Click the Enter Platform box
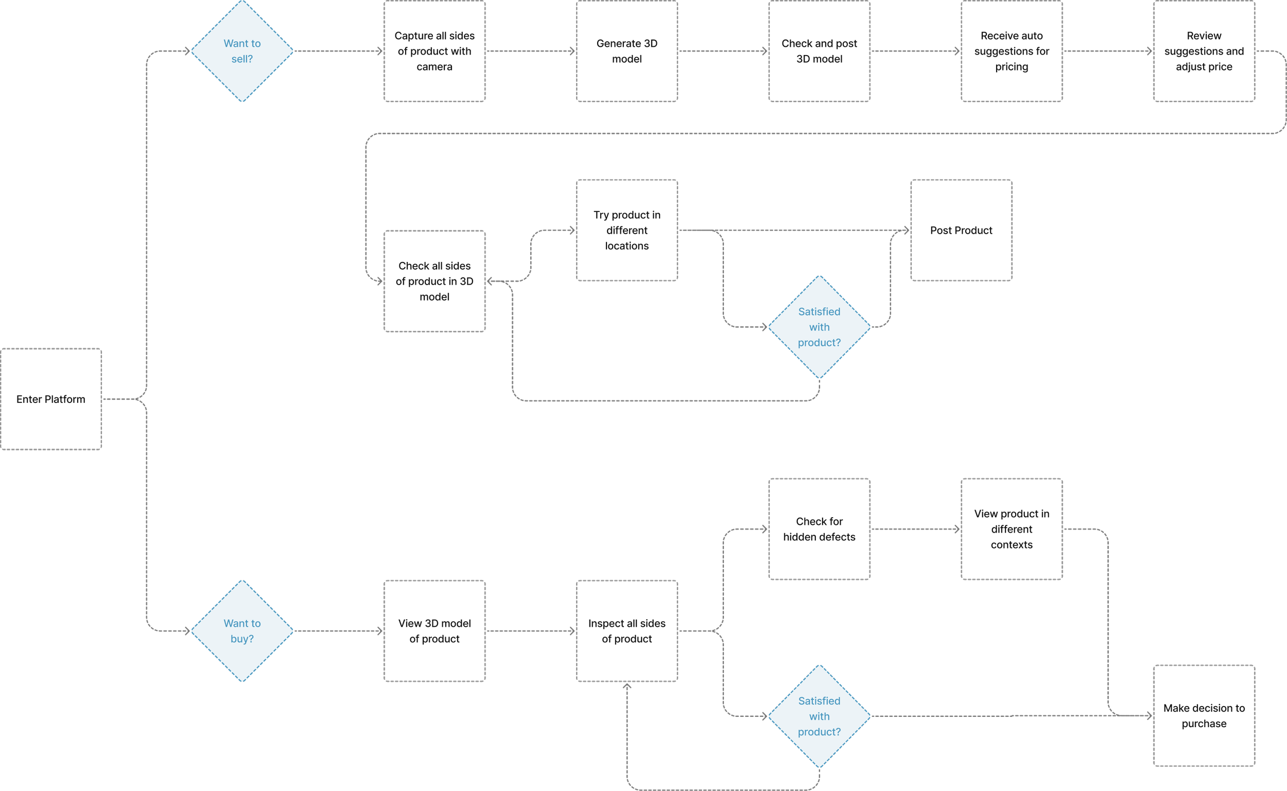tap(51, 399)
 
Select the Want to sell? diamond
tap(242, 51)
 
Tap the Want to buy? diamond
tap(242, 631)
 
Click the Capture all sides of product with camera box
tap(434, 51)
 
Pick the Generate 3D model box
tap(627, 51)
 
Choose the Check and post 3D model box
tap(819, 51)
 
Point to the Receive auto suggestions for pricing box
tap(1012, 51)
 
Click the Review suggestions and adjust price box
tap(1204, 51)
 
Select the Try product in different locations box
tap(627, 230)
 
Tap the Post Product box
tap(961, 230)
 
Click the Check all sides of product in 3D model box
tap(434, 281)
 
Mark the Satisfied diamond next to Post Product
tap(819, 327)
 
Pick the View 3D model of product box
tap(434, 631)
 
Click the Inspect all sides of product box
tap(627, 631)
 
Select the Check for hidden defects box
tap(819, 529)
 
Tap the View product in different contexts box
tap(1012, 529)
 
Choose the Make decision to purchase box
tap(1204, 716)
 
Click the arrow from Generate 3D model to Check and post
tap(723, 51)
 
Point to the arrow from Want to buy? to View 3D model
tap(339, 631)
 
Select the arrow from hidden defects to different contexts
tap(915, 529)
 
